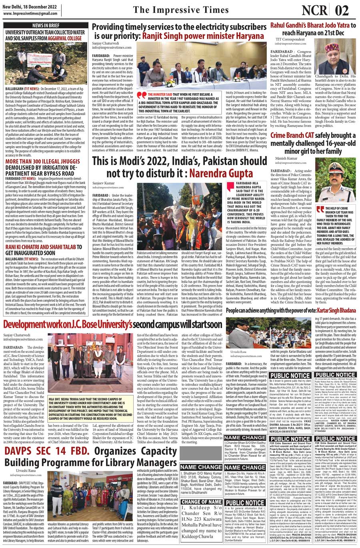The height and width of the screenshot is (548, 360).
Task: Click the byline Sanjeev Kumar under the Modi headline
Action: coord(104,182)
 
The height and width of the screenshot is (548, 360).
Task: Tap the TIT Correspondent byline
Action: coord(290,39)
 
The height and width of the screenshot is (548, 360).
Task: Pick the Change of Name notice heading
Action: coord(201,502)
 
